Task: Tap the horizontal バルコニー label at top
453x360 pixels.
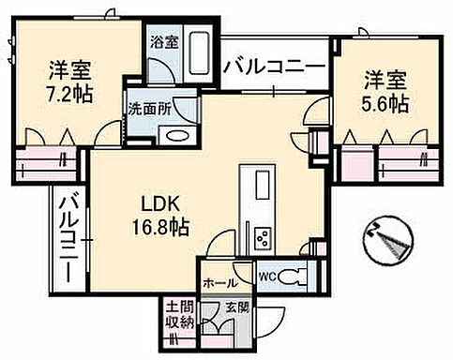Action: point(274,68)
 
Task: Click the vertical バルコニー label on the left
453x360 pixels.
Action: point(69,235)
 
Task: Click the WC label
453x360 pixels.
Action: point(266,277)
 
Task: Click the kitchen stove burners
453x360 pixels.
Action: point(262,236)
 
